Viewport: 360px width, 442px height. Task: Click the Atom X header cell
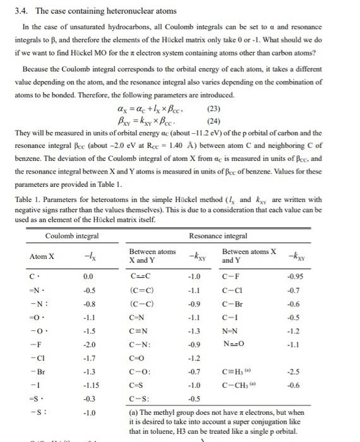[42, 256]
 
